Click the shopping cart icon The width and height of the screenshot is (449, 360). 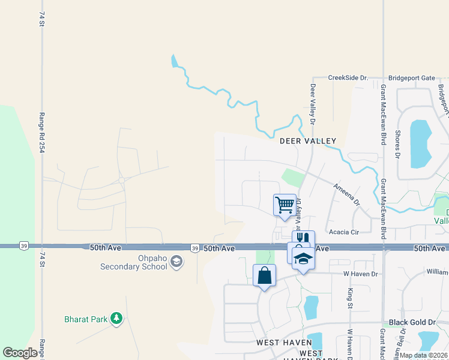point(285,205)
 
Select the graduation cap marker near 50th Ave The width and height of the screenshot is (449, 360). point(304,259)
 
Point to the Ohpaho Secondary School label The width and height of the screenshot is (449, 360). point(133,262)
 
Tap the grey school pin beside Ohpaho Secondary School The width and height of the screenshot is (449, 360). point(176,261)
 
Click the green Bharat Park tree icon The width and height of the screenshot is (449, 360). point(116,319)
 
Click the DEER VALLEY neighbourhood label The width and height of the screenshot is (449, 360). point(308,141)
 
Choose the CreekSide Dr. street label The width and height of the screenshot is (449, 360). point(348,78)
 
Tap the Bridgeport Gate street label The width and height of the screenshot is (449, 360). point(411,78)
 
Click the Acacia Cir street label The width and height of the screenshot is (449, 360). point(343,232)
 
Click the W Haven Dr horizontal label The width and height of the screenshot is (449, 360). point(359,274)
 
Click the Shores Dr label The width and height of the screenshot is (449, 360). point(397,145)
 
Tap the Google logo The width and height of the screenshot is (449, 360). point(20,353)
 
